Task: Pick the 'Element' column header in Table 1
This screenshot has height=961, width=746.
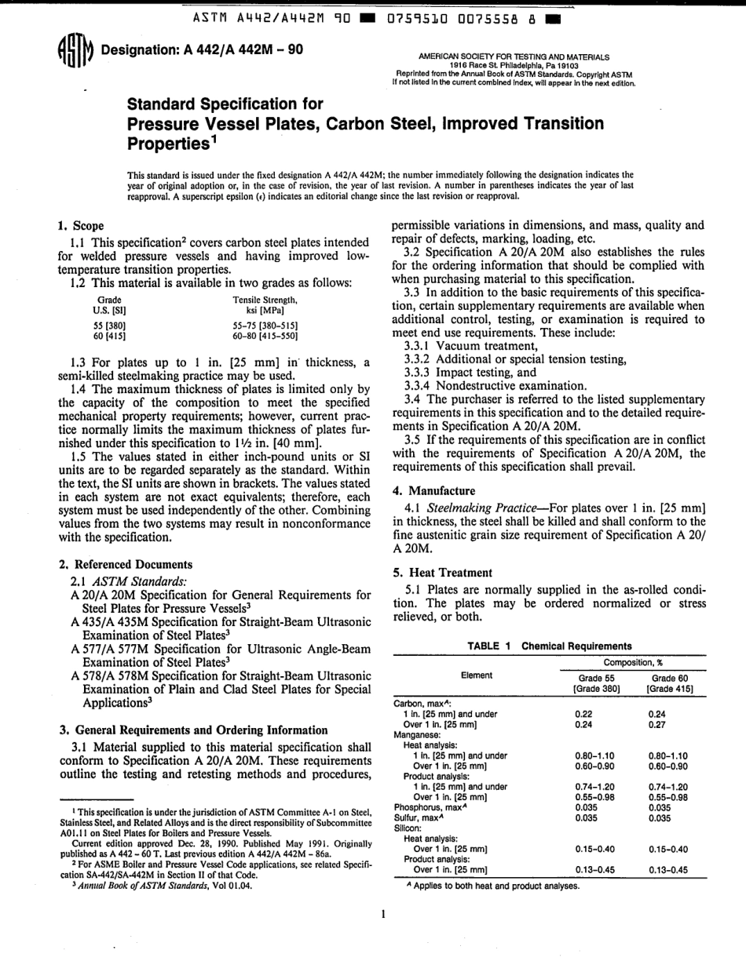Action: [477, 675]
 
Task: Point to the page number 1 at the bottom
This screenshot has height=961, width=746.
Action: [380, 914]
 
